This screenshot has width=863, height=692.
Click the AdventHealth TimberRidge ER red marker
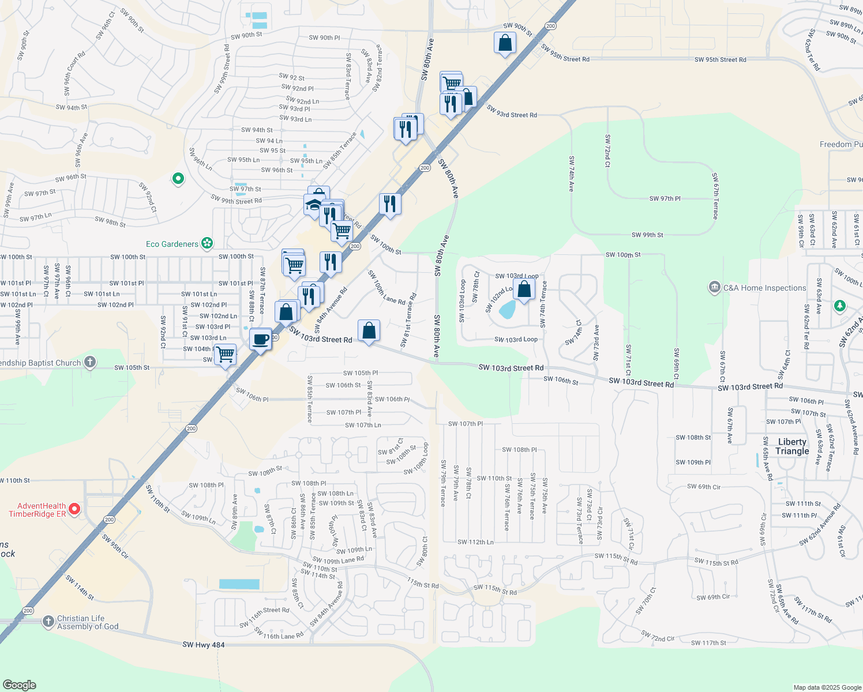pos(74,509)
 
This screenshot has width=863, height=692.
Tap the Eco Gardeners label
pos(172,244)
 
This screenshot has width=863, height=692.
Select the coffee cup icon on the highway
pos(261,339)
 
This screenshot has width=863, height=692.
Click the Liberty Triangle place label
pos(792,446)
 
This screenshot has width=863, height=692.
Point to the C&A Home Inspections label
pos(764,288)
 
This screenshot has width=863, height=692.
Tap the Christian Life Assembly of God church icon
pos(48,622)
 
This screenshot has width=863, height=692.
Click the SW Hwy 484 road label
pos(203,645)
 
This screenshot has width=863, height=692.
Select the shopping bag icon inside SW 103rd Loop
pos(524,289)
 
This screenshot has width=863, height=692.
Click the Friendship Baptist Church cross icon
pos(90,362)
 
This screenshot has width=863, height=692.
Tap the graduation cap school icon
pos(313,205)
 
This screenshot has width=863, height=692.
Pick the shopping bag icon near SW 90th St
pos(505,43)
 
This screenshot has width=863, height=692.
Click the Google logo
pos(19,685)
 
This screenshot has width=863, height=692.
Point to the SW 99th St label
pos(647,235)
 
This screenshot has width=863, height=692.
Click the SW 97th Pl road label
pos(665,198)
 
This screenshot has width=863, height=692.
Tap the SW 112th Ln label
pos(475,542)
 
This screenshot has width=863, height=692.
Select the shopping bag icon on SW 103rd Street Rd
pos(369,331)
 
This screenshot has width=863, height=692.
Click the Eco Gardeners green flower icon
pos(207,243)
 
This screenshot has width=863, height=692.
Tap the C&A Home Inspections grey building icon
pos(715,287)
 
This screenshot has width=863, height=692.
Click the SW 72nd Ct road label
pos(607,151)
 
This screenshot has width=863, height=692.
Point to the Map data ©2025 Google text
pos(827,687)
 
